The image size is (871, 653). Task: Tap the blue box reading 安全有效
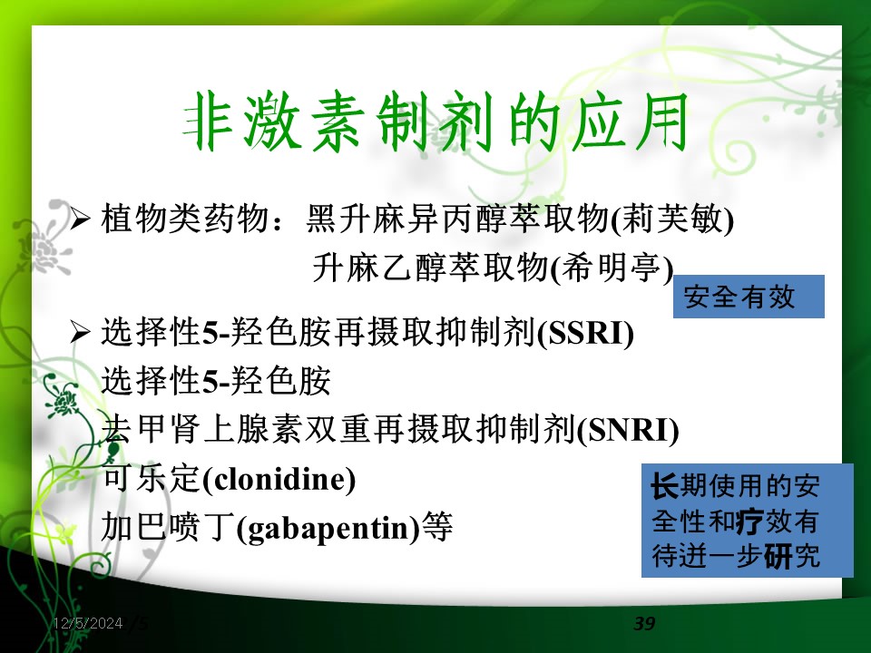click(749, 297)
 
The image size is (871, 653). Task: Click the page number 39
click(644, 623)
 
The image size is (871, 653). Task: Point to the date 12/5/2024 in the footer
click(88, 623)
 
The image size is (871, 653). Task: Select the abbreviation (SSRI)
click(586, 333)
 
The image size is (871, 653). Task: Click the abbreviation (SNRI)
click(628, 430)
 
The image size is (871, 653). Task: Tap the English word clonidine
click(279, 479)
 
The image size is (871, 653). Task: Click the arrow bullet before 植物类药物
click(80, 219)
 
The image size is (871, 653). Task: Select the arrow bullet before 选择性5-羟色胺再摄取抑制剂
click(80, 333)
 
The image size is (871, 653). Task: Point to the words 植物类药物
click(185, 219)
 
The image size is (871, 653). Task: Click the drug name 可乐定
click(152, 479)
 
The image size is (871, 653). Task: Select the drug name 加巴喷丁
click(168, 527)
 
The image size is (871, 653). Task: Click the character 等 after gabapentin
click(437, 527)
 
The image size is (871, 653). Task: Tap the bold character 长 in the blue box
click(665, 486)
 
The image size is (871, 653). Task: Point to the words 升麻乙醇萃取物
click(431, 268)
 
